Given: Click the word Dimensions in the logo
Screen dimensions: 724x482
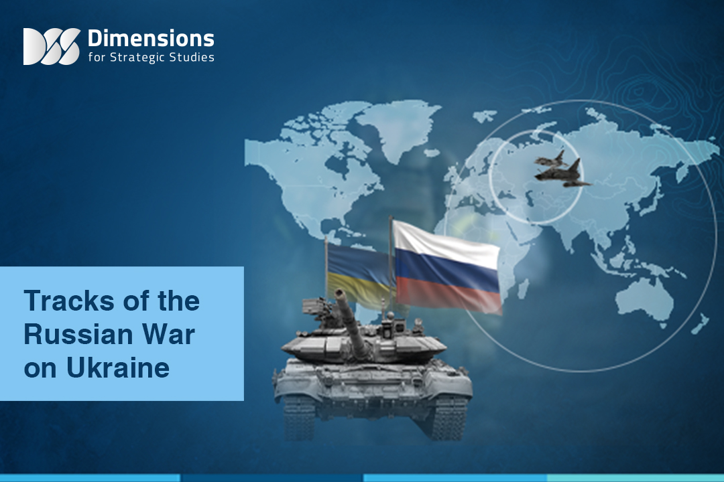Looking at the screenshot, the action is click(151, 38).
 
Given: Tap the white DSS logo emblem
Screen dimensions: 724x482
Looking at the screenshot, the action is click(52, 46).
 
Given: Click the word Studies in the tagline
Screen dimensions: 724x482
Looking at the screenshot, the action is click(191, 57).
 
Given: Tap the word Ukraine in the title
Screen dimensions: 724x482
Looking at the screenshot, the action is click(118, 368).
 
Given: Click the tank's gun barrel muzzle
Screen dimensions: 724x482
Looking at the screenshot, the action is click(340, 293).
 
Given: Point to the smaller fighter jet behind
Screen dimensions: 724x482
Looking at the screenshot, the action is click(552, 159).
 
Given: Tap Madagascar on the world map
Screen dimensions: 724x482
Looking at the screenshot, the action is click(523, 289).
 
